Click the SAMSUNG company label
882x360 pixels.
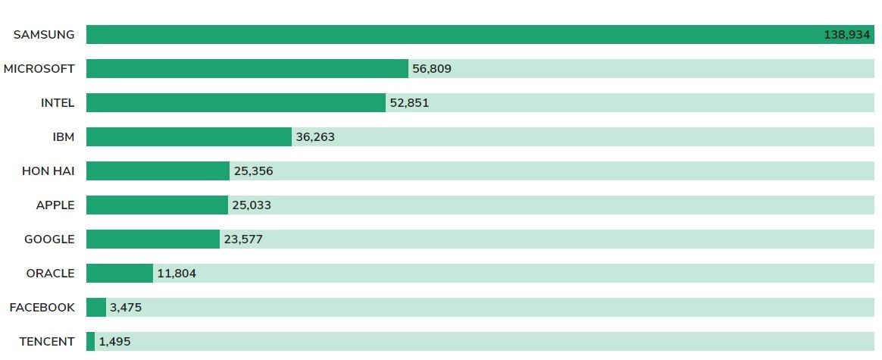point(44,35)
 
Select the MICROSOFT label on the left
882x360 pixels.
point(39,69)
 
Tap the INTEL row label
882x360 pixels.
point(58,103)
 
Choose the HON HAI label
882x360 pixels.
point(48,171)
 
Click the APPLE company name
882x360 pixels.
point(55,205)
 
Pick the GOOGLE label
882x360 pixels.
point(49,239)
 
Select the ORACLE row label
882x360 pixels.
point(51,274)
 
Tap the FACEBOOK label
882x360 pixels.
point(42,308)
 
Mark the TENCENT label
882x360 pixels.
point(47,342)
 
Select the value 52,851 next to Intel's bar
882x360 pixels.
point(409,103)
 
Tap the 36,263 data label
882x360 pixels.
point(315,137)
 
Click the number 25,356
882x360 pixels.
point(253,171)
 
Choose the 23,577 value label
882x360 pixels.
point(243,239)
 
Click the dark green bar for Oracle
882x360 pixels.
point(120,274)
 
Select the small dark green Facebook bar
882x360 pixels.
point(96,308)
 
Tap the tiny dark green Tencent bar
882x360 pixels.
point(90,342)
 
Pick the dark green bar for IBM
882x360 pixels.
point(189,137)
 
